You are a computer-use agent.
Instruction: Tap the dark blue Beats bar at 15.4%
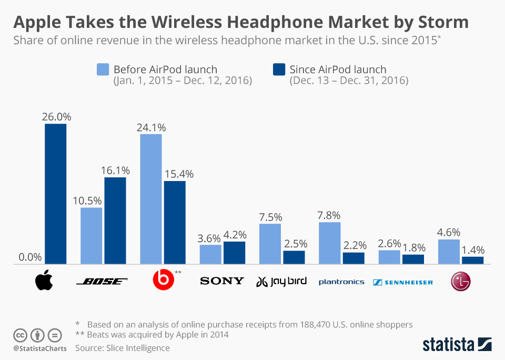click(x=175, y=222)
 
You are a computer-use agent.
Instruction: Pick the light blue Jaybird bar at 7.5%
click(x=270, y=244)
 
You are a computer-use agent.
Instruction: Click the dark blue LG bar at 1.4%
click(x=472, y=260)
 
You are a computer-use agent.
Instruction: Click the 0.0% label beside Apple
click(x=30, y=257)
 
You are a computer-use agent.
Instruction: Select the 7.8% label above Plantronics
click(x=329, y=215)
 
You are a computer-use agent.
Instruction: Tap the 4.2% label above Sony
click(x=235, y=235)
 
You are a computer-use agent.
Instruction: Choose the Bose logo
click(x=102, y=282)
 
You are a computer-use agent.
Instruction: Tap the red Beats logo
click(x=162, y=281)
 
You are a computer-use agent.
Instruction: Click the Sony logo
click(x=222, y=281)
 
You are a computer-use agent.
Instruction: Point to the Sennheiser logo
click(x=403, y=282)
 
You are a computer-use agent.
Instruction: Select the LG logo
click(x=460, y=282)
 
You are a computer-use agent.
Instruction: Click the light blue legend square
click(x=103, y=69)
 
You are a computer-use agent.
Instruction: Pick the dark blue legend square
click(x=279, y=69)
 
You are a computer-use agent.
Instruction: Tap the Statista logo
click(x=457, y=344)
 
